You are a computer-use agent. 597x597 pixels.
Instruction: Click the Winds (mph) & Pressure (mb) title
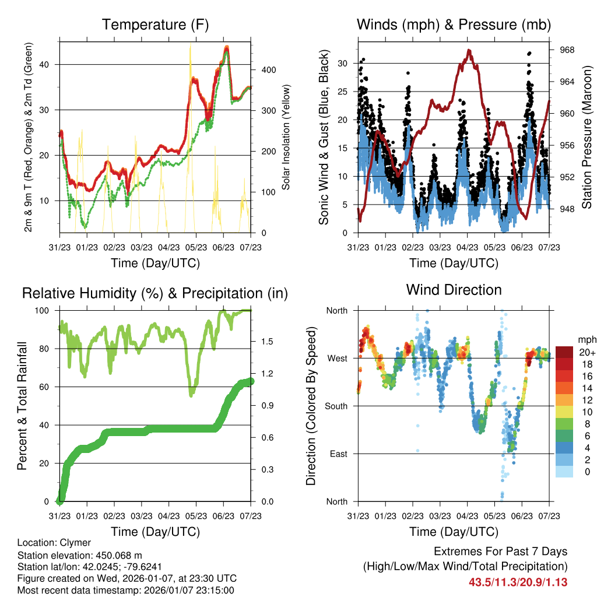point(454,25)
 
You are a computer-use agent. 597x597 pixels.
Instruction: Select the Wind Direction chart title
point(454,290)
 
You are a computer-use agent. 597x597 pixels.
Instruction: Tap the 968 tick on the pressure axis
point(567,50)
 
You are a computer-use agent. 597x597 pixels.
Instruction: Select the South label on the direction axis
point(336,406)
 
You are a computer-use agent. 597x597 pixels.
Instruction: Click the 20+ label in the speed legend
point(586,352)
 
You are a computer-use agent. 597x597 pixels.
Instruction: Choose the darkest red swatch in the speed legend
point(564,352)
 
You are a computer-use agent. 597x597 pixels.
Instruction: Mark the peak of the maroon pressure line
point(469,51)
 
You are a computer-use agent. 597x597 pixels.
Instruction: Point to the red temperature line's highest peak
point(226,48)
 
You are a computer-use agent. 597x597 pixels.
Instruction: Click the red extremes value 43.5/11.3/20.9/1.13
point(518,582)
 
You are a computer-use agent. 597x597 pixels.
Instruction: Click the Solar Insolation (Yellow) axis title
point(286,138)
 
